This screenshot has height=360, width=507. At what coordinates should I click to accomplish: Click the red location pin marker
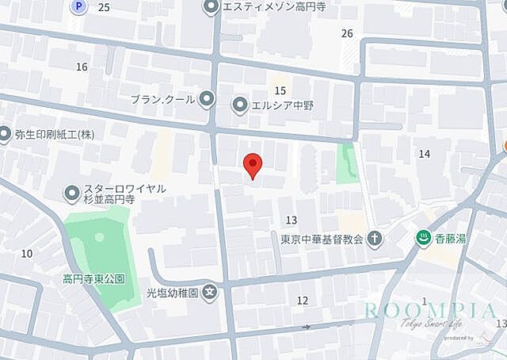(x=252, y=164)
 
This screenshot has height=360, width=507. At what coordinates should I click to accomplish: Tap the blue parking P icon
(x=78, y=6)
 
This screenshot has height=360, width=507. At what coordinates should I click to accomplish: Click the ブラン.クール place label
(x=162, y=99)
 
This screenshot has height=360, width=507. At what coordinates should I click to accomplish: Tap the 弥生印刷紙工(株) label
(x=54, y=134)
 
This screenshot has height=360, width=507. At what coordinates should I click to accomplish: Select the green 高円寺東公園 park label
(x=93, y=279)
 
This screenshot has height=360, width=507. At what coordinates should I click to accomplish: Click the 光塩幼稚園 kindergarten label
(x=171, y=292)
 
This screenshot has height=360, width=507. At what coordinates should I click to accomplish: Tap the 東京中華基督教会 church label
(x=322, y=239)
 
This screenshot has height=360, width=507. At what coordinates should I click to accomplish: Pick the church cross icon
(x=375, y=239)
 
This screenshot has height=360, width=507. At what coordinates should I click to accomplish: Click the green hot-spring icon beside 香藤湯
(x=424, y=239)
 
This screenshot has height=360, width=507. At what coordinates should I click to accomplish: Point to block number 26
(x=347, y=33)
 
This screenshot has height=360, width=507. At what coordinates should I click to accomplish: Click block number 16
(x=82, y=67)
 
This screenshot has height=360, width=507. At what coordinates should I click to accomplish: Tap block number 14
(x=424, y=153)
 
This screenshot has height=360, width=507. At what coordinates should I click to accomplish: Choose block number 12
(x=302, y=301)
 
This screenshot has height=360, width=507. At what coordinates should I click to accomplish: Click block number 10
(x=27, y=253)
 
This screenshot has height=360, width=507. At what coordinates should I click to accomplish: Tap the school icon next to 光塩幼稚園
(x=209, y=292)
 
